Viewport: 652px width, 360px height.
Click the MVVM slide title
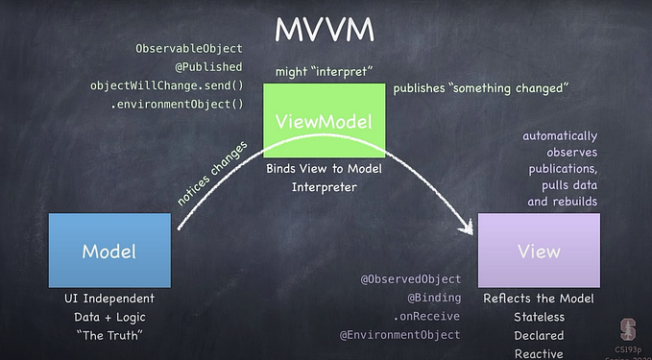point(324,29)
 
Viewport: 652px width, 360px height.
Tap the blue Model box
point(109,251)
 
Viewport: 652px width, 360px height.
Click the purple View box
point(539,251)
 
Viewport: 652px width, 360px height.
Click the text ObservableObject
point(189,49)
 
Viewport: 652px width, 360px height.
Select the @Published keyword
point(210,67)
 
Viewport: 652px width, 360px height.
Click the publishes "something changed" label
point(482,89)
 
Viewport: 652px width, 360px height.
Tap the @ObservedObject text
point(410,279)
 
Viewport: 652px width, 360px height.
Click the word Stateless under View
point(539,317)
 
